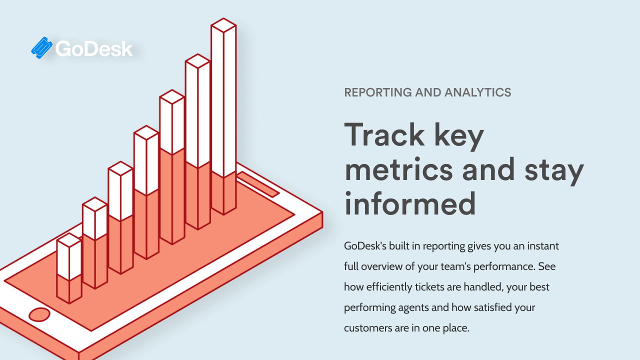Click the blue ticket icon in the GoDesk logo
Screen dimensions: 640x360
tap(41, 47)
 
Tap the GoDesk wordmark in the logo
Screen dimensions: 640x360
tap(94, 48)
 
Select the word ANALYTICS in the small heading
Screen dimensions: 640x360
tap(477, 92)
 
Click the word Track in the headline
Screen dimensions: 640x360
tap(384, 134)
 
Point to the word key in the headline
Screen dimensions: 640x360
tap(459, 136)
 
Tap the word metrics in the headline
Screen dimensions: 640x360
tap(399, 169)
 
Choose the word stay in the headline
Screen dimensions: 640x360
tap(554, 171)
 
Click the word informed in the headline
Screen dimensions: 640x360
tap(410, 203)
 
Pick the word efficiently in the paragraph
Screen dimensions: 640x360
tap(389, 287)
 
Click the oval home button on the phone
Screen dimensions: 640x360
tap(39, 314)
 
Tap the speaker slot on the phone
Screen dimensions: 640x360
tap(258, 184)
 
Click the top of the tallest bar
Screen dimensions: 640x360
tap(223, 25)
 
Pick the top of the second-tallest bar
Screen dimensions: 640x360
tap(197, 61)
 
